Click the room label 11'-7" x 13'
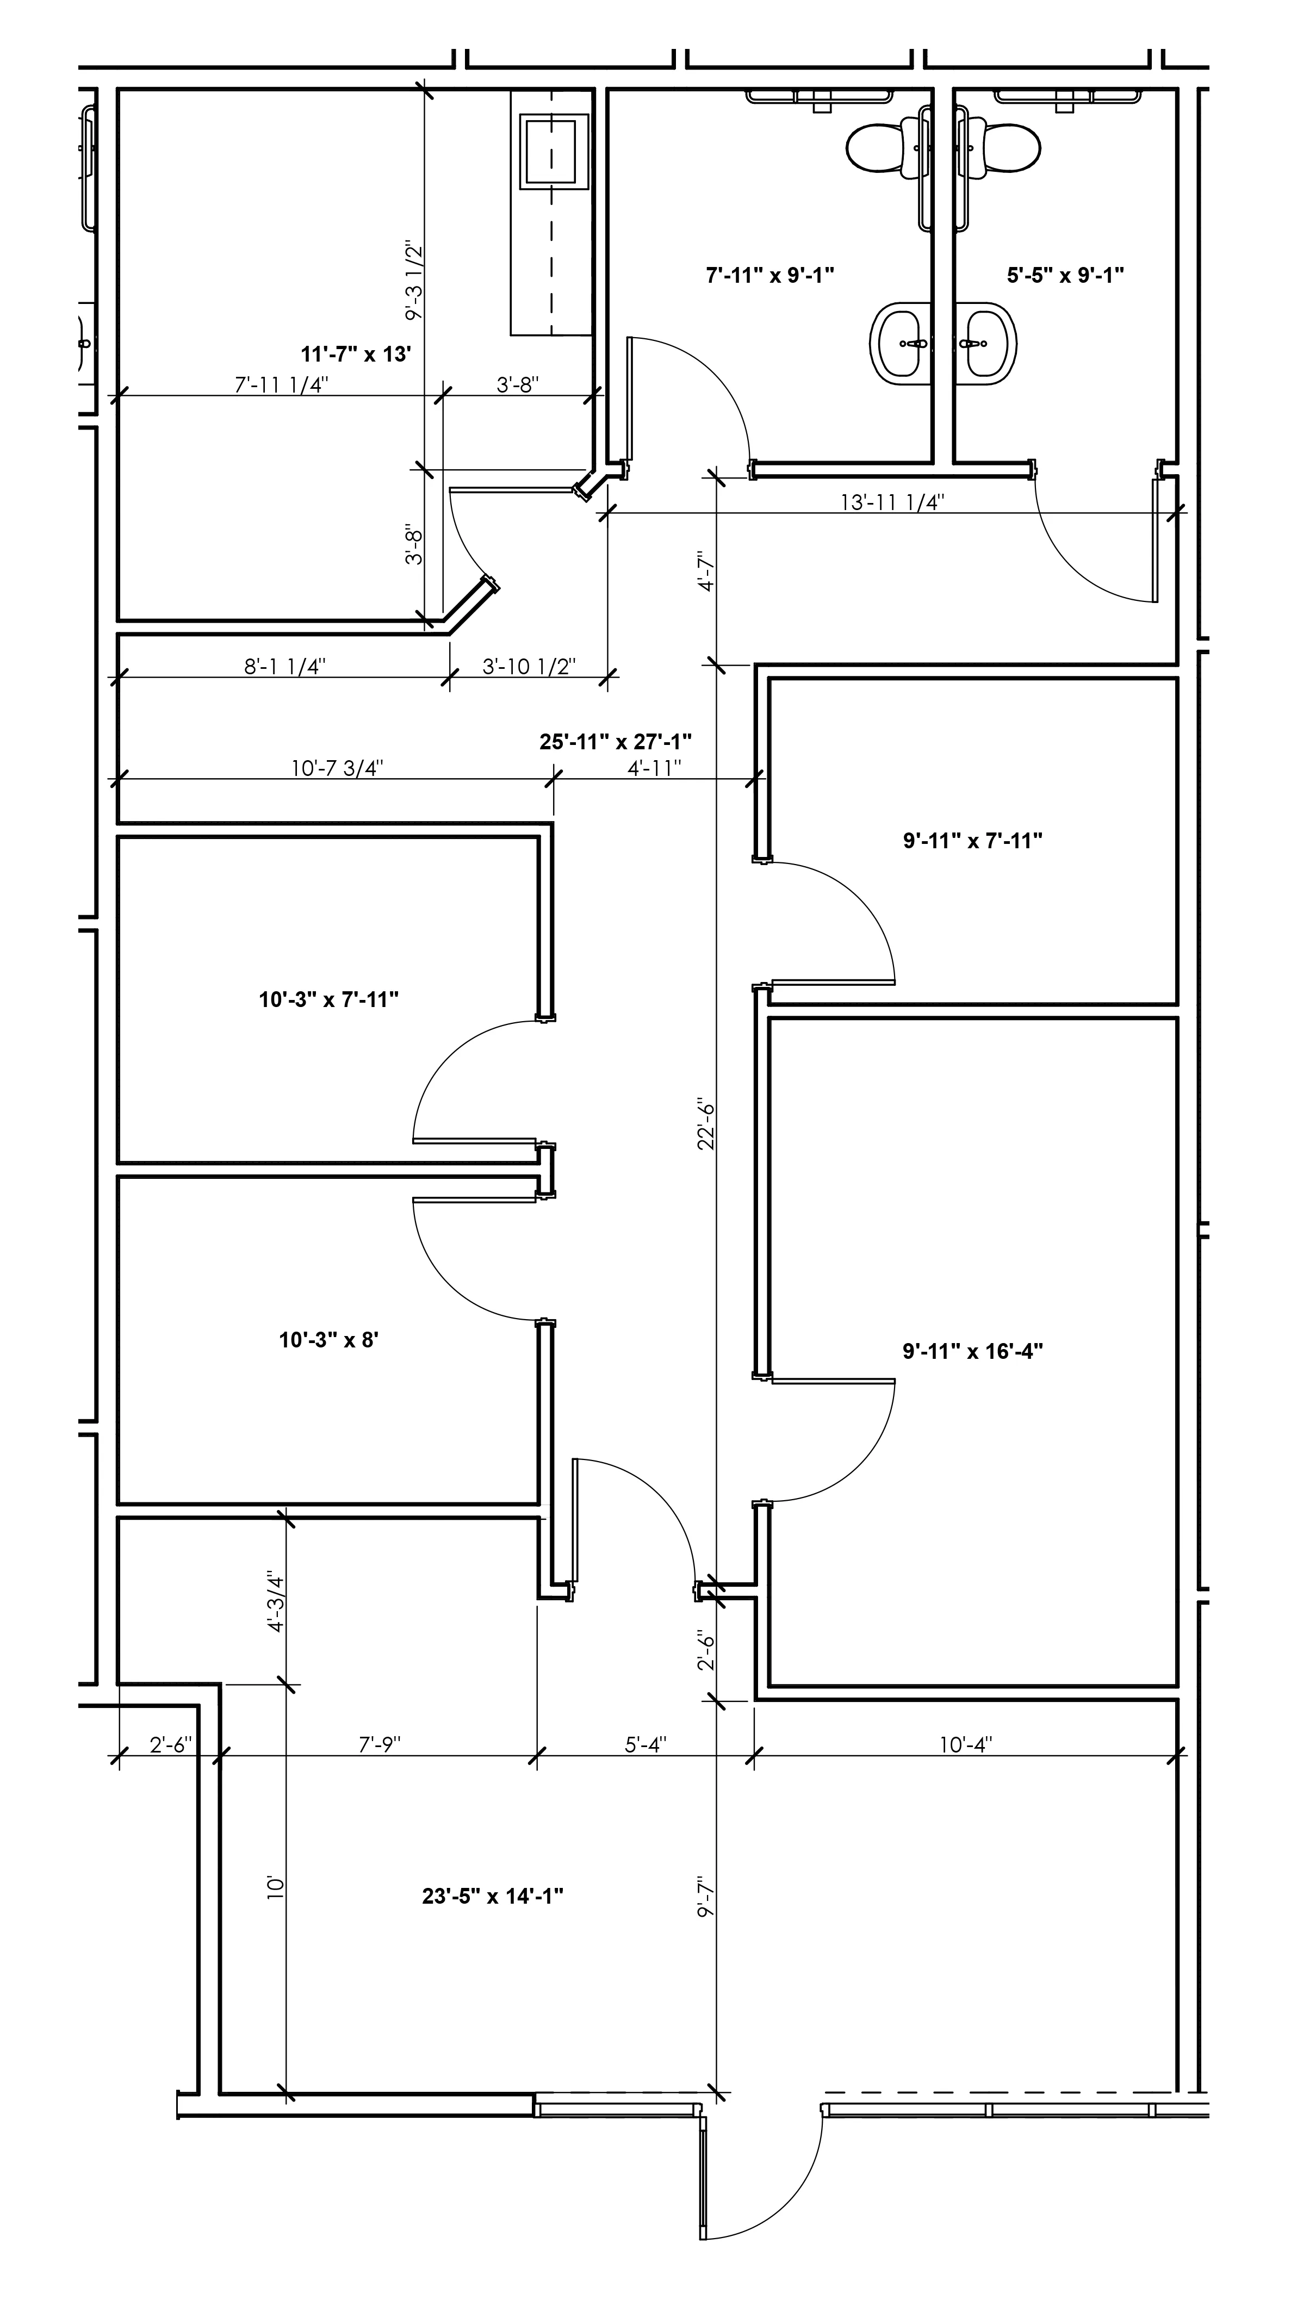356,353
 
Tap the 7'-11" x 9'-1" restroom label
769,274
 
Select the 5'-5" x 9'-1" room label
1065,274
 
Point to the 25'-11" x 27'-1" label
615,742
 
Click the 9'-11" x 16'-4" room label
972,1351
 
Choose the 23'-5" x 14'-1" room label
493,1896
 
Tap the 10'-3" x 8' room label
328,1340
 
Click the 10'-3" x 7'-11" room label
328,999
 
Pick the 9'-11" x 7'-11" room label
972,840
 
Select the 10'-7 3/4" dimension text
337,768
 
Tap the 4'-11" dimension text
654,768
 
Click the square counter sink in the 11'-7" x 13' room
550,152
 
